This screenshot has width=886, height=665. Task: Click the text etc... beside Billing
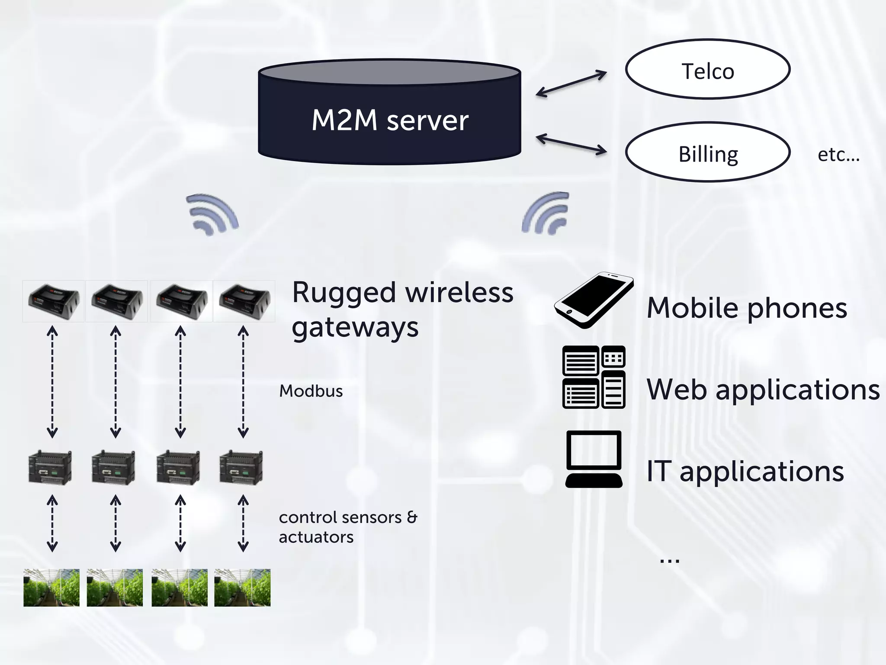coord(838,155)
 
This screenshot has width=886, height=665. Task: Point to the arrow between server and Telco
coord(571,84)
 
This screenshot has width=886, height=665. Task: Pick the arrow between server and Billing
coord(571,145)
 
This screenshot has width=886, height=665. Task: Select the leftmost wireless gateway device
coord(53,301)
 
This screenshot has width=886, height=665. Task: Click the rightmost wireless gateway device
coord(244,301)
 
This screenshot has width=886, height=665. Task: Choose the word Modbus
coord(311,391)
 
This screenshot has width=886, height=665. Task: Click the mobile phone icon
coord(594,300)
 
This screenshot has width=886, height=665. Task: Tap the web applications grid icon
coord(594,377)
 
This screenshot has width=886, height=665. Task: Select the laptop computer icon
coord(594,459)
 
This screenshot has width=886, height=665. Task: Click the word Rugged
coord(344,293)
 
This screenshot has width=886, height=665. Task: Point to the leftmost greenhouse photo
coord(51,588)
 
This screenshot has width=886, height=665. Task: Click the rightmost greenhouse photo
coord(242,588)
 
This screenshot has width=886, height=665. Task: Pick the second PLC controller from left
coord(114,468)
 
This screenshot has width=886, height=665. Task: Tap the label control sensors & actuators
coord(347,527)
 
